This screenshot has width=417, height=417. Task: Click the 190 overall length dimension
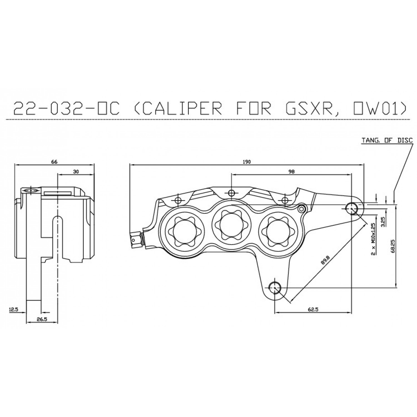[247, 162]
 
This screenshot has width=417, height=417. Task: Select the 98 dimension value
[291, 172]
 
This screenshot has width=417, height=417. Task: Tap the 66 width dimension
[54, 162]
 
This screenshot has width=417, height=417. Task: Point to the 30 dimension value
[76, 172]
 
